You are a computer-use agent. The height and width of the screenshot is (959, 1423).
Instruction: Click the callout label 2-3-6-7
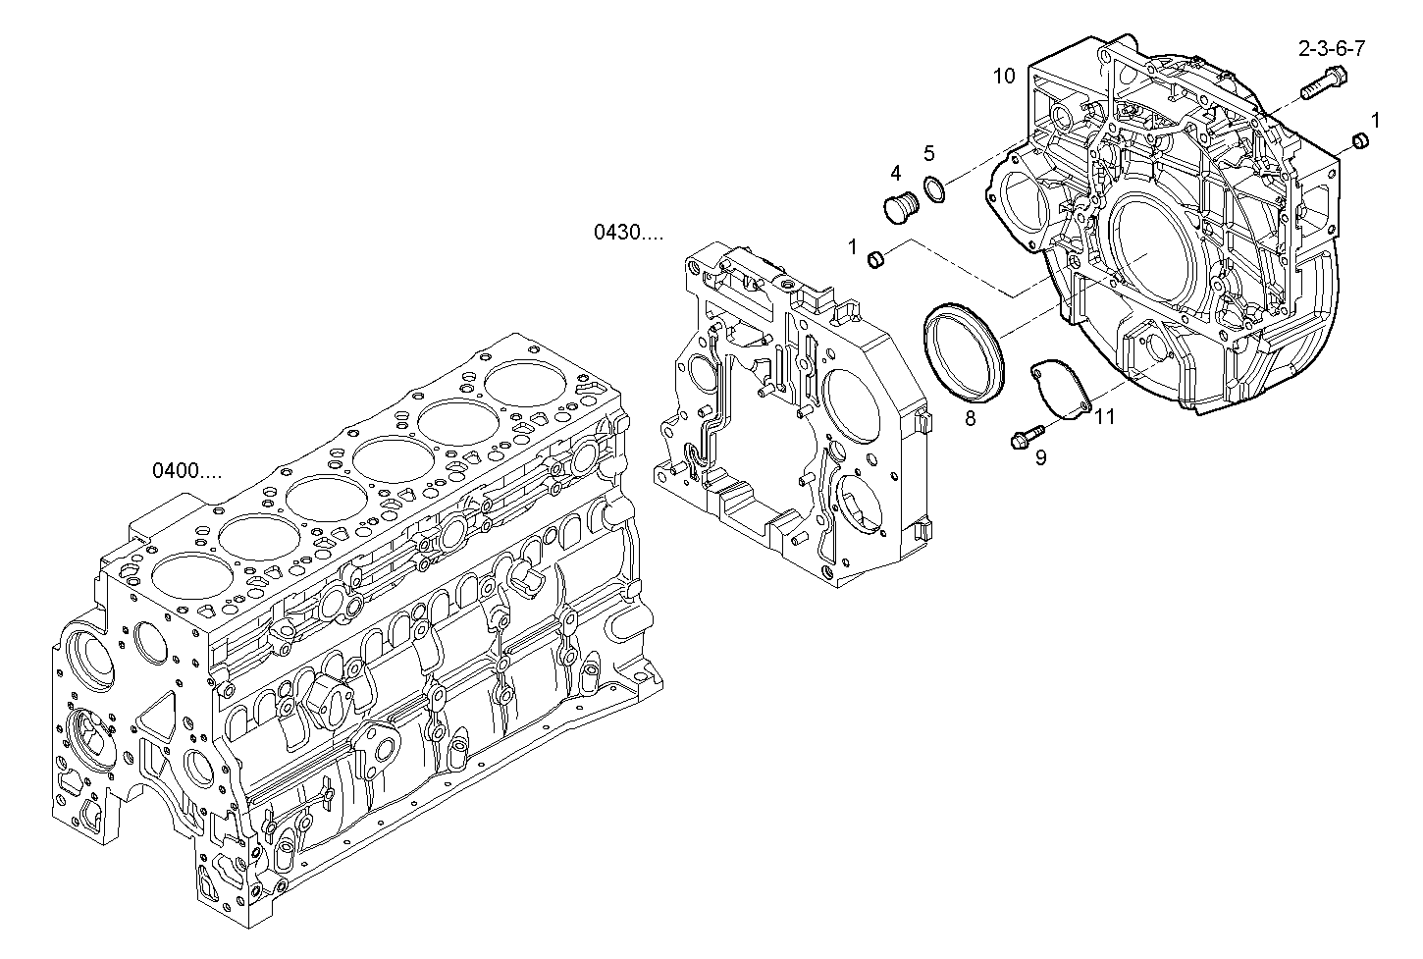1332,47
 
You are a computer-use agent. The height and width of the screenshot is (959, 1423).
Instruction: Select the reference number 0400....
186,470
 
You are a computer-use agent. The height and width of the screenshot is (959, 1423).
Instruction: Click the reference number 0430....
627,233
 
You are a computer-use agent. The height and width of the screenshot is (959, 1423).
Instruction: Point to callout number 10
1003,76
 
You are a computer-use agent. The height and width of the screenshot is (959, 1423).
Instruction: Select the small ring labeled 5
935,188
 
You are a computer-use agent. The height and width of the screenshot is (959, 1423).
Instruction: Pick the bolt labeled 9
1025,437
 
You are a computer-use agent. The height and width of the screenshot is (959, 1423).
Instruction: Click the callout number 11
1105,416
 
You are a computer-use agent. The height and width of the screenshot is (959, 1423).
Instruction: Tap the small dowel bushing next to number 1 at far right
1360,141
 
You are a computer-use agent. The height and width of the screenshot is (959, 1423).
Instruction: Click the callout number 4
895,174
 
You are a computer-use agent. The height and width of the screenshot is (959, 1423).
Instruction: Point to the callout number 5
928,153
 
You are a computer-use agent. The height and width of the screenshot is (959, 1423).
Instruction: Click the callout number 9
1040,457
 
